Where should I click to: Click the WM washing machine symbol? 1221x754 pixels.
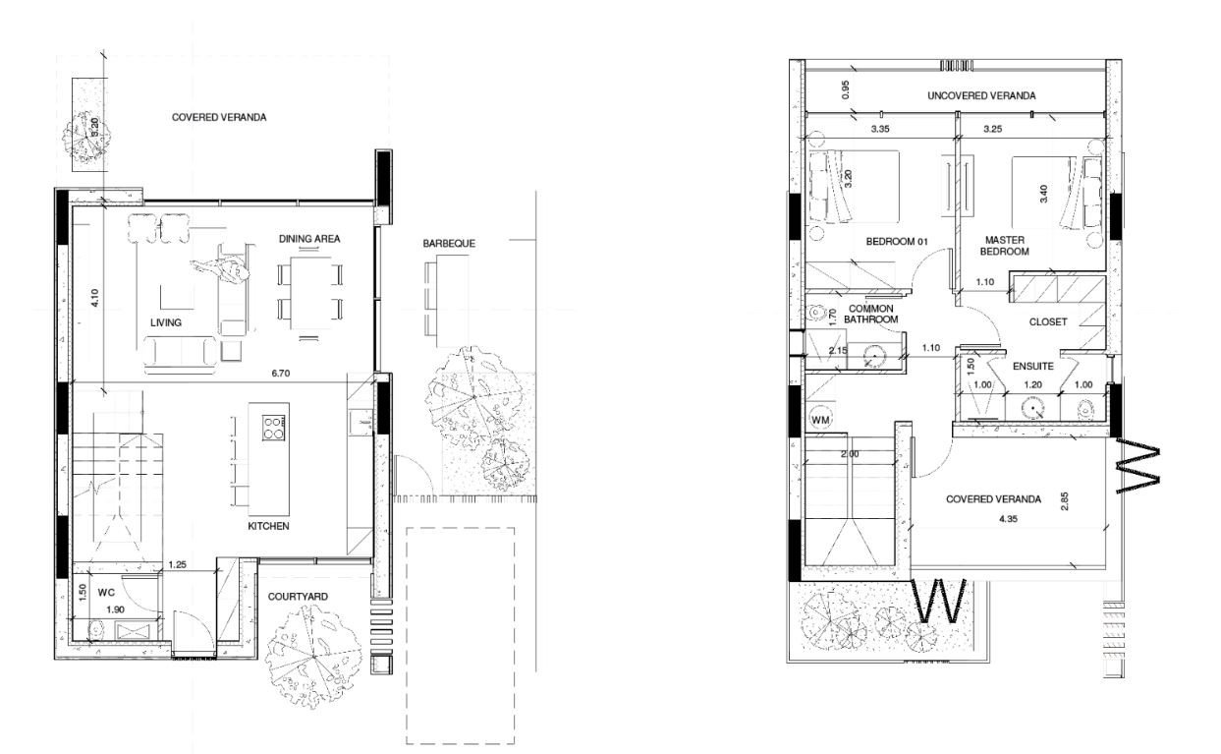(x=820, y=421)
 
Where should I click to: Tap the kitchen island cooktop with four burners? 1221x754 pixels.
(x=274, y=425)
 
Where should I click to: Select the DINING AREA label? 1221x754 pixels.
(x=309, y=239)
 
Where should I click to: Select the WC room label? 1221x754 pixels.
(x=106, y=594)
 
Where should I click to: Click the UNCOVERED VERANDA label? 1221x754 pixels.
(x=981, y=96)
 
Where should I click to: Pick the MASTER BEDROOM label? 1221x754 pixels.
(x=1006, y=246)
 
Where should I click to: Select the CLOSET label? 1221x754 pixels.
(x=1048, y=322)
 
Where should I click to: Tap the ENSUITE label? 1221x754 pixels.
(x=1034, y=366)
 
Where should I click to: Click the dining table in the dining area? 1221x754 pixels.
(x=309, y=292)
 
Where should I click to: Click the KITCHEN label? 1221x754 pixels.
(x=268, y=527)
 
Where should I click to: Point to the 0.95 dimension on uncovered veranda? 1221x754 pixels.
(x=844, y=89)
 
